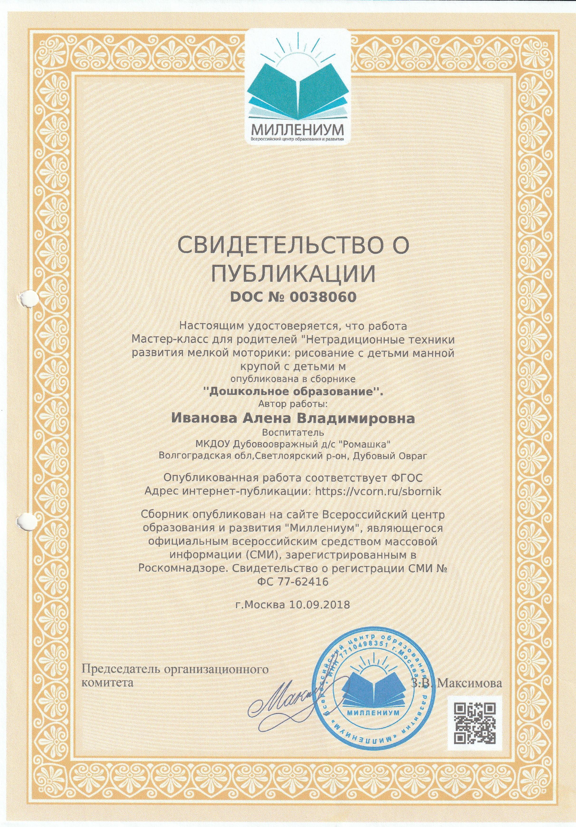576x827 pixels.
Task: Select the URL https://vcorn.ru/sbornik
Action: pyautogui.click(x=378, y=492)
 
